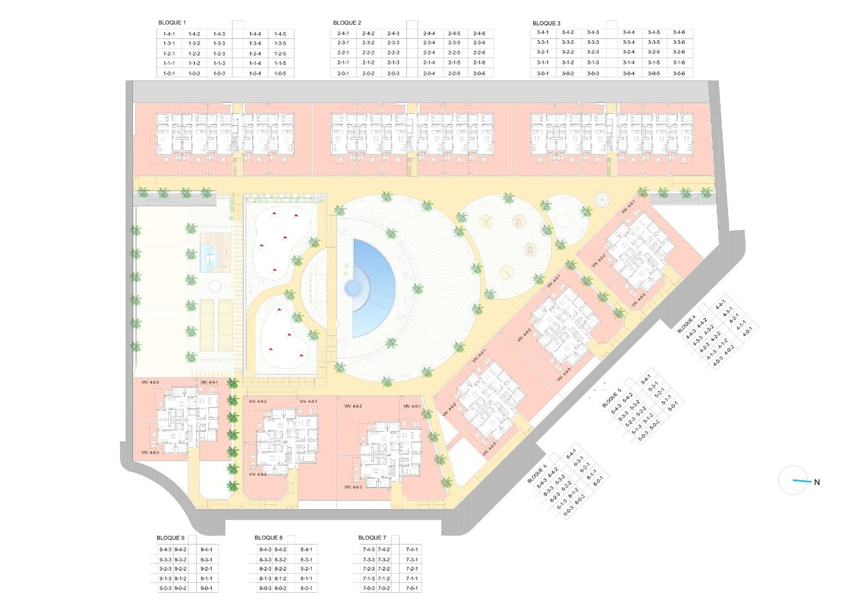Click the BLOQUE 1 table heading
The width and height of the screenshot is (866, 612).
coord(172,23)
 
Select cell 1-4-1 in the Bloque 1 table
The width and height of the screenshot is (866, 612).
coord(169,34)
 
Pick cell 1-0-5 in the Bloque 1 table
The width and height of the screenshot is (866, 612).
coord(280,74)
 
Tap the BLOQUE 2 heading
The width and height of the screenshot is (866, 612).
coord(347,23)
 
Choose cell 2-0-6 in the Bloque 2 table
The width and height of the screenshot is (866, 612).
coord(479,74)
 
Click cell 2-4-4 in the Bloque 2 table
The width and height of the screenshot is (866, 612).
coord(429,33)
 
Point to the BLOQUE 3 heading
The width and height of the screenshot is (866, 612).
coord(546,23)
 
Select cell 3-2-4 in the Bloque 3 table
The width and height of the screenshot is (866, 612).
coord(628,52)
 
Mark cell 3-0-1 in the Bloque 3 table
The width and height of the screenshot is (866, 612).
coord(542,73)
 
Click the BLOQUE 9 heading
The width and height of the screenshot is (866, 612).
coord(171,538)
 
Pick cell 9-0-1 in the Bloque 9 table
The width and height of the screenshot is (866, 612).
coord(207,588)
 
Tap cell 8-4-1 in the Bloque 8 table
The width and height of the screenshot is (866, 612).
coord(306,550)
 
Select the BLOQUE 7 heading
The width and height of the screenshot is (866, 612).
coord(372,538)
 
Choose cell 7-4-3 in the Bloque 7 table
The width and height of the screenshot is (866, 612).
coord(368,550)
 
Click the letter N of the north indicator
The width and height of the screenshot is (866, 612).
coord(817,483)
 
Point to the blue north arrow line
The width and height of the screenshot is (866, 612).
coord(801,481)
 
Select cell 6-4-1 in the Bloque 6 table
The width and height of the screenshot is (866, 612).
coord(572,453)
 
